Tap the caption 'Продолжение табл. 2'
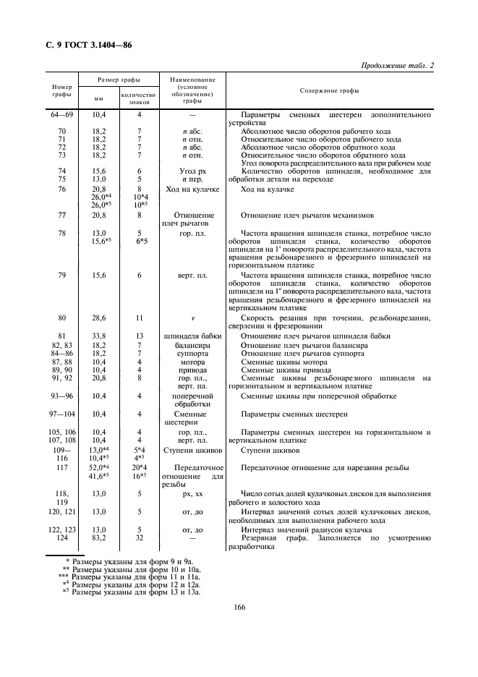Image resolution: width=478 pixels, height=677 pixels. click(397, 67)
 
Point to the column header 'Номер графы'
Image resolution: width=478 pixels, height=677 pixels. click(61, 91)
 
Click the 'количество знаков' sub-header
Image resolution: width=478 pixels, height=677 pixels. click(138, 98)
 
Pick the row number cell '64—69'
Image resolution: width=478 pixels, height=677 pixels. click(61, 115)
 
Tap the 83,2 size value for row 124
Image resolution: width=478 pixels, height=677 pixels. click(99, 540)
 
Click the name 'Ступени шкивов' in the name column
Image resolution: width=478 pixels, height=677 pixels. click(187, 449)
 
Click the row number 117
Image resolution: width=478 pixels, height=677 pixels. click(61, 468)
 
